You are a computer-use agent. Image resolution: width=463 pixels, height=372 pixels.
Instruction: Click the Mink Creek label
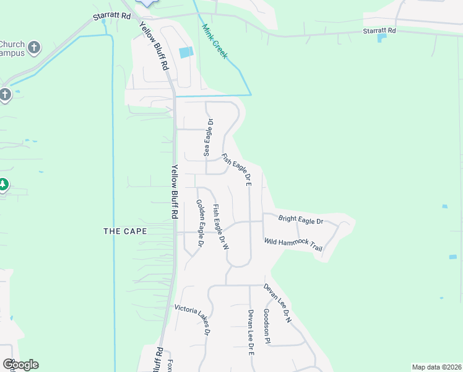point(215,42)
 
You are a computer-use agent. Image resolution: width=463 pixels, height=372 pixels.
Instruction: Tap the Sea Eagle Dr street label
point(209,137)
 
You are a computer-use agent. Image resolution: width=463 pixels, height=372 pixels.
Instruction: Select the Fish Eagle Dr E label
point(237,170)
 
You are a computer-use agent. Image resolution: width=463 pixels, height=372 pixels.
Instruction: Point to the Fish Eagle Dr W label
point(221,227)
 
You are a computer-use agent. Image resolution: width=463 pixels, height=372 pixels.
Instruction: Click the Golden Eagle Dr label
point(200,223)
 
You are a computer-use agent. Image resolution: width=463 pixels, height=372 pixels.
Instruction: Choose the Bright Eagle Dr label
point(301,219)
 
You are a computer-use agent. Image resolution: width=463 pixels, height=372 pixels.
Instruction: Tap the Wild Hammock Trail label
point(293,244)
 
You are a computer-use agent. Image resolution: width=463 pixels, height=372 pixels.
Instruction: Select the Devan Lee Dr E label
point(251,332)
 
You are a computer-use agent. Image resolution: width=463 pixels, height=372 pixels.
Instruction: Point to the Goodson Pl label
point(267,326)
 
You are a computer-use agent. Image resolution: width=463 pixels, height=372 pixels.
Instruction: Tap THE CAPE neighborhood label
point(125,231)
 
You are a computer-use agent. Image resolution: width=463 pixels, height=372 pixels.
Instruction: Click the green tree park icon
point(3,184)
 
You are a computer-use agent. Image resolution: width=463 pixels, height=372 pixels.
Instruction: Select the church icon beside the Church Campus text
point(35,46)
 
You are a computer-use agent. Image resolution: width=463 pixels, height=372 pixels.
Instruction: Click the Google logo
point(20,365)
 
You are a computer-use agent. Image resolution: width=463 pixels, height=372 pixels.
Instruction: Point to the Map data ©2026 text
point(436,367)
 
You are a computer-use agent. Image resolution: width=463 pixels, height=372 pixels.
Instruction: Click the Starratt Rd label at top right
point(379,30)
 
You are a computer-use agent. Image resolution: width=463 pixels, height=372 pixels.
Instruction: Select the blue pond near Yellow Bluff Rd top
point(185,53)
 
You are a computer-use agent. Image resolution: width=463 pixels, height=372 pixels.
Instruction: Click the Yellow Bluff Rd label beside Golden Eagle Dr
point(175,191)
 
